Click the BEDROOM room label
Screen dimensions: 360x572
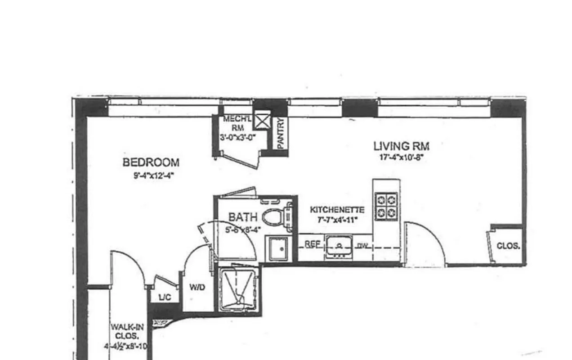[x=151, y=162]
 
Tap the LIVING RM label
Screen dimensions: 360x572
[x=401, y=146]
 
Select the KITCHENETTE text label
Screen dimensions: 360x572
[x=337, y=210]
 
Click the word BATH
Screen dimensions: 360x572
[x=243, y=217]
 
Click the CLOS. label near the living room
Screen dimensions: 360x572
[x=509, y=246]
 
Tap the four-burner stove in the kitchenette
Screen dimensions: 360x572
[x=386, y=205]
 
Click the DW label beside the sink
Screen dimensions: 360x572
[x=362, y=246]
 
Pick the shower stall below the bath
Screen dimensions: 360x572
[x=239, y=288]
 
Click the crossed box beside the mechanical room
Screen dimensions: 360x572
[x=262, y=120]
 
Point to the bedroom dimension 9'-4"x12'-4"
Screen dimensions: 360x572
[x=153, y=176]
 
